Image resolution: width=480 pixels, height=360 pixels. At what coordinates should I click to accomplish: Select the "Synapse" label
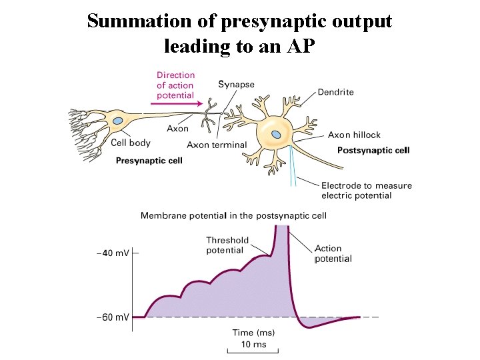coord(237,85)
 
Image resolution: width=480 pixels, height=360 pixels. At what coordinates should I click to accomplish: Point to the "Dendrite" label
coord(335,91)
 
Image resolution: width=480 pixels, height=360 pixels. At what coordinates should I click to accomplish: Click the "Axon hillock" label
coord(357,135)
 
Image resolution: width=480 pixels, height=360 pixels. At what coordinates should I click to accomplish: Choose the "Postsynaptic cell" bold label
coord(373,150)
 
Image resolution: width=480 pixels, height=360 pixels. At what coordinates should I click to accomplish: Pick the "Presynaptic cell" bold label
coord(149,160)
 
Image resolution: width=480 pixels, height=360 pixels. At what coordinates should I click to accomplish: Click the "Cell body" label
coord(131,143)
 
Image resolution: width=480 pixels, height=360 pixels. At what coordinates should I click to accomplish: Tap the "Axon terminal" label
coord(217,145)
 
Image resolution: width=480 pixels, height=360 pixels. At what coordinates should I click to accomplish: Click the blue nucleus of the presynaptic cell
coord(118,121)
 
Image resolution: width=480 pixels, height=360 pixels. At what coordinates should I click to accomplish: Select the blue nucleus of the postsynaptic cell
coord(276,135)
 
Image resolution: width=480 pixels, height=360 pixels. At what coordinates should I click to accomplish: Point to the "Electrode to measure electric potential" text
coord(366,191)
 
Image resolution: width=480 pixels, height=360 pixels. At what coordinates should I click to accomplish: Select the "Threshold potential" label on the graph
coord(227,245)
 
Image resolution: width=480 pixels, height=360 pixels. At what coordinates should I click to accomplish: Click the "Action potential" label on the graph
coord(333,253)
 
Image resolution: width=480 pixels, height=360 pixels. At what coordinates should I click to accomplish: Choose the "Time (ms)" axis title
coord(253,332)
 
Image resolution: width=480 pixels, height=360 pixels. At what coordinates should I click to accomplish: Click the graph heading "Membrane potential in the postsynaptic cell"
coord(233,215)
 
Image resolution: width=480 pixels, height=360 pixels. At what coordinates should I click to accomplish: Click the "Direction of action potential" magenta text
coord(175,85)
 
